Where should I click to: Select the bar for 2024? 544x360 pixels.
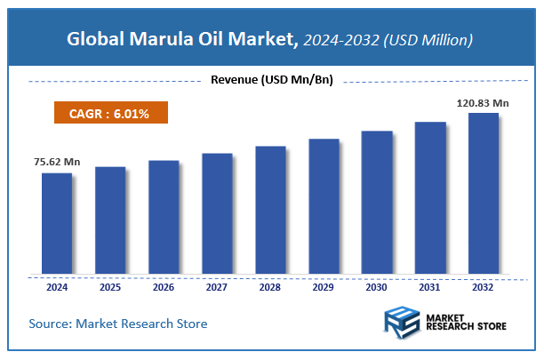[x=57, y=223]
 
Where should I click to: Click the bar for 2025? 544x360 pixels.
[x=110, y=220]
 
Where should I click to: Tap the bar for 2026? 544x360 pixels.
[x=164, y=217]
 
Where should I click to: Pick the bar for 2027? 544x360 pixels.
[x=217, y=213]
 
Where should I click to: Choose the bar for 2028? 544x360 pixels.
[x=270, y=210]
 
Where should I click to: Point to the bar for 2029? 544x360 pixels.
[x=324, y=206]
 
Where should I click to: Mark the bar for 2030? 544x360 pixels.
[x=377, y=202]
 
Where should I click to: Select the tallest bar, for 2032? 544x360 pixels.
[x=484, y=193]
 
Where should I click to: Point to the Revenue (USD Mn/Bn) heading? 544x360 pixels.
[x=271, y=80]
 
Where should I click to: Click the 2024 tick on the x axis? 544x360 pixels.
[x=57, y=287]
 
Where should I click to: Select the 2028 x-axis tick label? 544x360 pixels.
[x=270, y=287]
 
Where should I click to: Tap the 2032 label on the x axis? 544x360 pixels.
[x=484, y=287]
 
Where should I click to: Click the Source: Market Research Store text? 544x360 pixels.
[x=118, y=324]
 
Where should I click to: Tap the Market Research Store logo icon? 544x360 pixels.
[x=404, y=324]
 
